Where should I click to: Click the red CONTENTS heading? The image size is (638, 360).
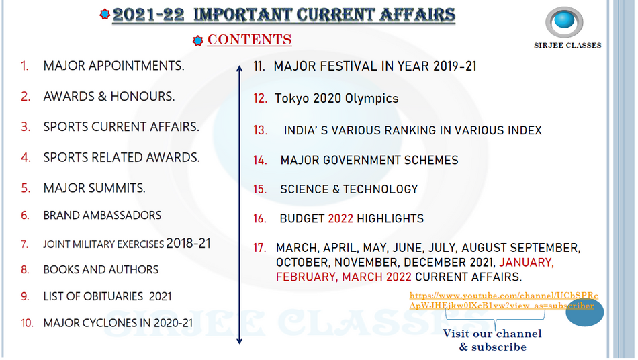(249, 40)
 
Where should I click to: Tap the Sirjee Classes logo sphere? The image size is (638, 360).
(564, 21)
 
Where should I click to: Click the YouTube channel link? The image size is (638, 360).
(504, 300)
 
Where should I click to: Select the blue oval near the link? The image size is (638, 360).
(585, 312)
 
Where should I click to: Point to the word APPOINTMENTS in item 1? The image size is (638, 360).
(136, 66)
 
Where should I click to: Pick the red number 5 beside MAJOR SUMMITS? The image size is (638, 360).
(26, 188)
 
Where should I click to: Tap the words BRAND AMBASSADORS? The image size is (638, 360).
(102, 215)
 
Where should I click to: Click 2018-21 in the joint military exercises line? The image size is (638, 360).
(189, 243)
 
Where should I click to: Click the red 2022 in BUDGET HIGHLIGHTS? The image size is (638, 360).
(340, 218)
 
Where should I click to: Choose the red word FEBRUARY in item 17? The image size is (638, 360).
(307, 277)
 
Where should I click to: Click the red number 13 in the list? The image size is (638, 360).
(261, 130)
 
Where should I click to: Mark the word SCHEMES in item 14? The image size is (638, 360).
(431, 160)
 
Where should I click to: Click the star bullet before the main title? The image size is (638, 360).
(105, 15)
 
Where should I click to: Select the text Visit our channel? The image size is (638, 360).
(492, 334)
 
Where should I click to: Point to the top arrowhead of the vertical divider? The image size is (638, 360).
(240, 68)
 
